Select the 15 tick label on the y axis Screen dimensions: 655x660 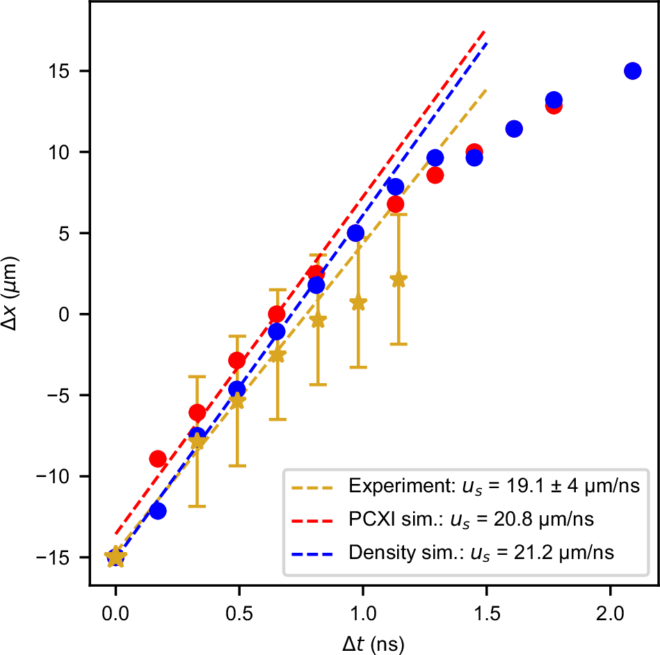point(67,71)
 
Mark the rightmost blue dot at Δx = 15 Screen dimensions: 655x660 point(632,71)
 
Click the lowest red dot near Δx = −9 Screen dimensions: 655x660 point(158,459)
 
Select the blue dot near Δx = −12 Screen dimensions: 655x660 point(158,511)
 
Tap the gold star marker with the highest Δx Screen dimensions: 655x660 point(399,280)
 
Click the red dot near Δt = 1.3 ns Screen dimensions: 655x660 point(435,175)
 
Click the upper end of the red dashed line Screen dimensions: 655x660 point(485,31)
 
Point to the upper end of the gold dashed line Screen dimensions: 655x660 point(485,89)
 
